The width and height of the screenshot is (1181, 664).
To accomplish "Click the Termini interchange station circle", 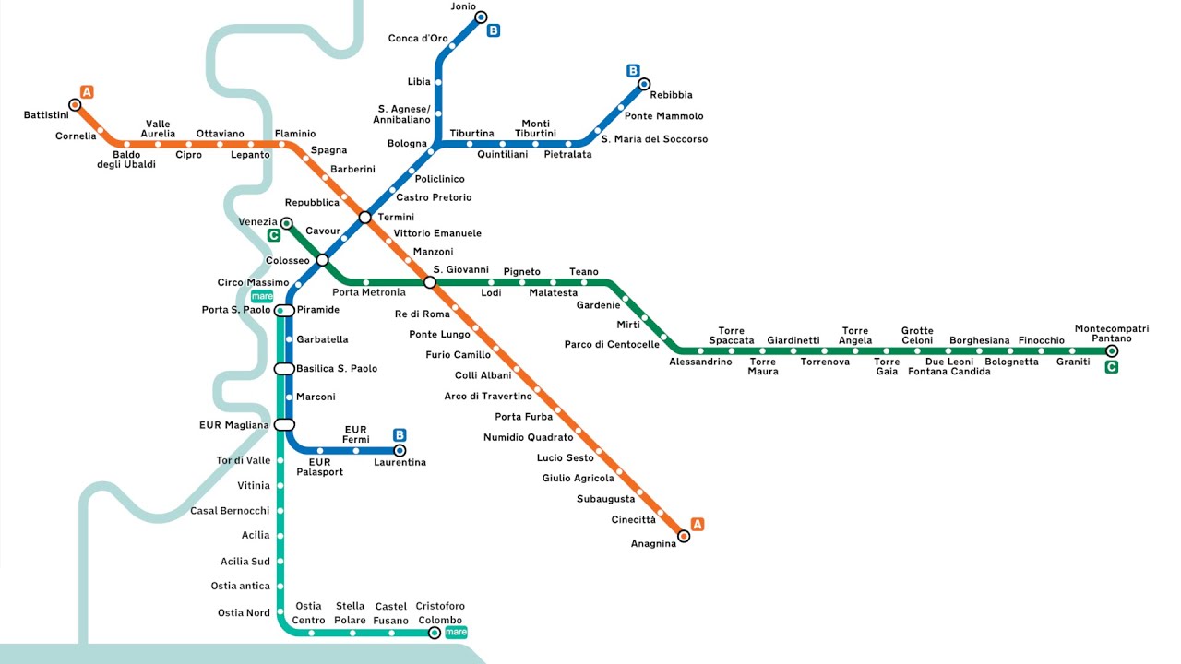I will coord(364,218).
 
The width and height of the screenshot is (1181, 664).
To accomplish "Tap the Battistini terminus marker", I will coord(75,105).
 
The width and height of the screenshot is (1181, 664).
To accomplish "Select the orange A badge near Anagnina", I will coord(698,525).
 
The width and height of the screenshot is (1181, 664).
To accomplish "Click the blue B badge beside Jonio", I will coord(494,30).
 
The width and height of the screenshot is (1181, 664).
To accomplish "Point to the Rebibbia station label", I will coord(671,95).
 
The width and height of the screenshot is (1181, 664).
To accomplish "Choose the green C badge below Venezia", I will coord(273,235).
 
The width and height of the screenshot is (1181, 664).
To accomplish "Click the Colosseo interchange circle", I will coord(322,261).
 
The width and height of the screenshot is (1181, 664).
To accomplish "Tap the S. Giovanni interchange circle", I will coord(429,281).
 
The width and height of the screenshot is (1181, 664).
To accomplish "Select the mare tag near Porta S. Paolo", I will coord(262,296).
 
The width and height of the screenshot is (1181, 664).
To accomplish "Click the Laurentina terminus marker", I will coord(400,450).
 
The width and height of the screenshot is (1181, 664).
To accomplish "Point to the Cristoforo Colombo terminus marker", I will coord(435,633).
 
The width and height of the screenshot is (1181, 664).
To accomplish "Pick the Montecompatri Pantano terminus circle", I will coord(1112,350).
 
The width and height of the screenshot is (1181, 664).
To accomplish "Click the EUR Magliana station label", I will coord(233,425).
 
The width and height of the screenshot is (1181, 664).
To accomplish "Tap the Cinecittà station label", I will coord(634,520).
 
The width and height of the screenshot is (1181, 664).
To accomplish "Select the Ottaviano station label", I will coord(220,134).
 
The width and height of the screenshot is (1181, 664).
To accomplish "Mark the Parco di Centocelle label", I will coord(612,345).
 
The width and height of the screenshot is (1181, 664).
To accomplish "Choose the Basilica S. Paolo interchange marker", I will coord(284,369).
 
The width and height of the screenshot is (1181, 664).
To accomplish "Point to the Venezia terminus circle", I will coord(286,223).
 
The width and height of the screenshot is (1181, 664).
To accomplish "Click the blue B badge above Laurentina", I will coord(400,434).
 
